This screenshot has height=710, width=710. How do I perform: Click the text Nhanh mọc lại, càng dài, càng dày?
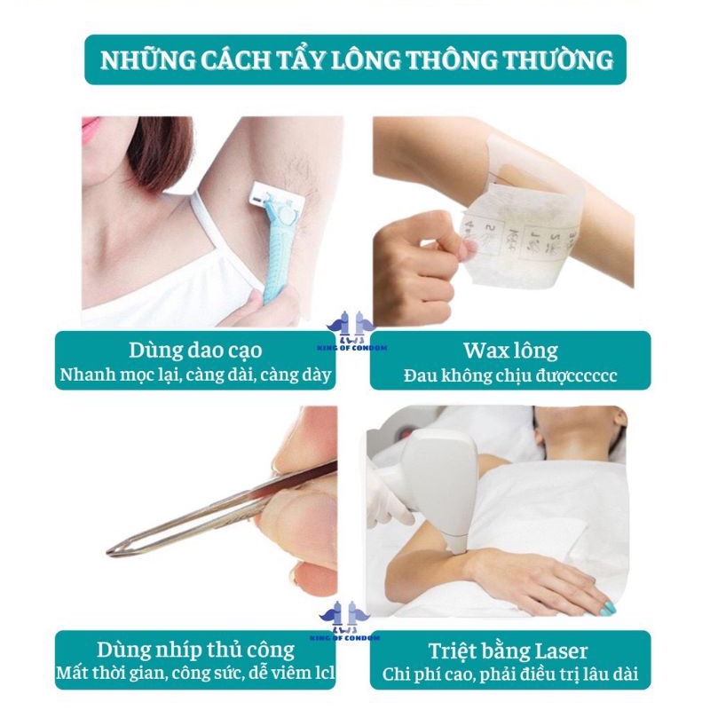pos(195,375)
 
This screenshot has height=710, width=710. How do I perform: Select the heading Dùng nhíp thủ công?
pos(194,649)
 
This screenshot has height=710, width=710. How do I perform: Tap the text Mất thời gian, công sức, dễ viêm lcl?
pos(195,674)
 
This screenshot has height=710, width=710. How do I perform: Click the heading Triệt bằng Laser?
pos(509,649)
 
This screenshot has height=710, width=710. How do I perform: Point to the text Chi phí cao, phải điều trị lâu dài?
pos(509,674)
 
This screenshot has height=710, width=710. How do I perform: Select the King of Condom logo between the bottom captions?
pos(354,616)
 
